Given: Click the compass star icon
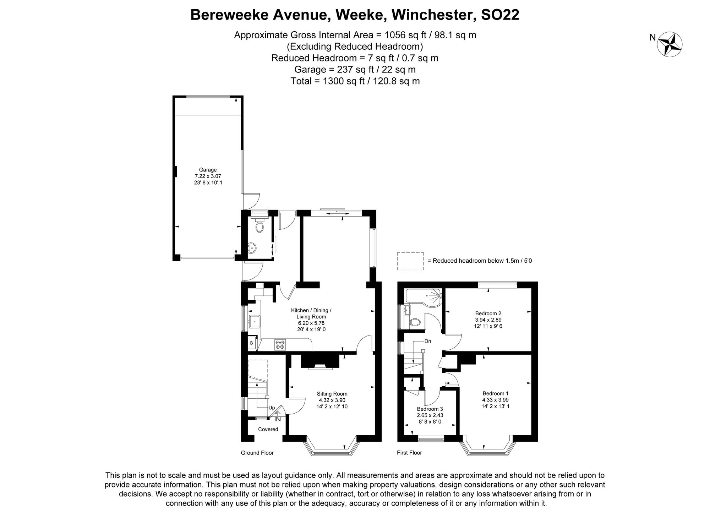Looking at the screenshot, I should [670, 44].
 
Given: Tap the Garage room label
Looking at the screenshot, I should [208, 170].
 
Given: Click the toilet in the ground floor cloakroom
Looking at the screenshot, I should [260, 226].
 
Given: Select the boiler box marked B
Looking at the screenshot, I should [252, 343].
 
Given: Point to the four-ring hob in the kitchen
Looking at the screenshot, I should [280, 345].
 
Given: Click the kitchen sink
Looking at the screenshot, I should [254, 321].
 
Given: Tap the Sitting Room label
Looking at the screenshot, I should [332, 394].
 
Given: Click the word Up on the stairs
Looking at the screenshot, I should [272, 408].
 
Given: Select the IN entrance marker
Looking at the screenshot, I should [278, 419].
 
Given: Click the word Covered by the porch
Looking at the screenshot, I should [268, 429].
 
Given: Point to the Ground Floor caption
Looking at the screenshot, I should [257, 453].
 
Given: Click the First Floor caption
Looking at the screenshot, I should [409, 453].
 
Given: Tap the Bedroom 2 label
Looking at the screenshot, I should [488, 313].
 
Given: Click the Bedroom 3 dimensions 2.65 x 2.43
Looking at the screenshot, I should [430, 415].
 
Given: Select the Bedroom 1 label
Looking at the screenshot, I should [496, 393].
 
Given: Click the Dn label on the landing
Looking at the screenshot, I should [428, 341].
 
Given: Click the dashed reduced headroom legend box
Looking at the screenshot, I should [410, 261].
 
